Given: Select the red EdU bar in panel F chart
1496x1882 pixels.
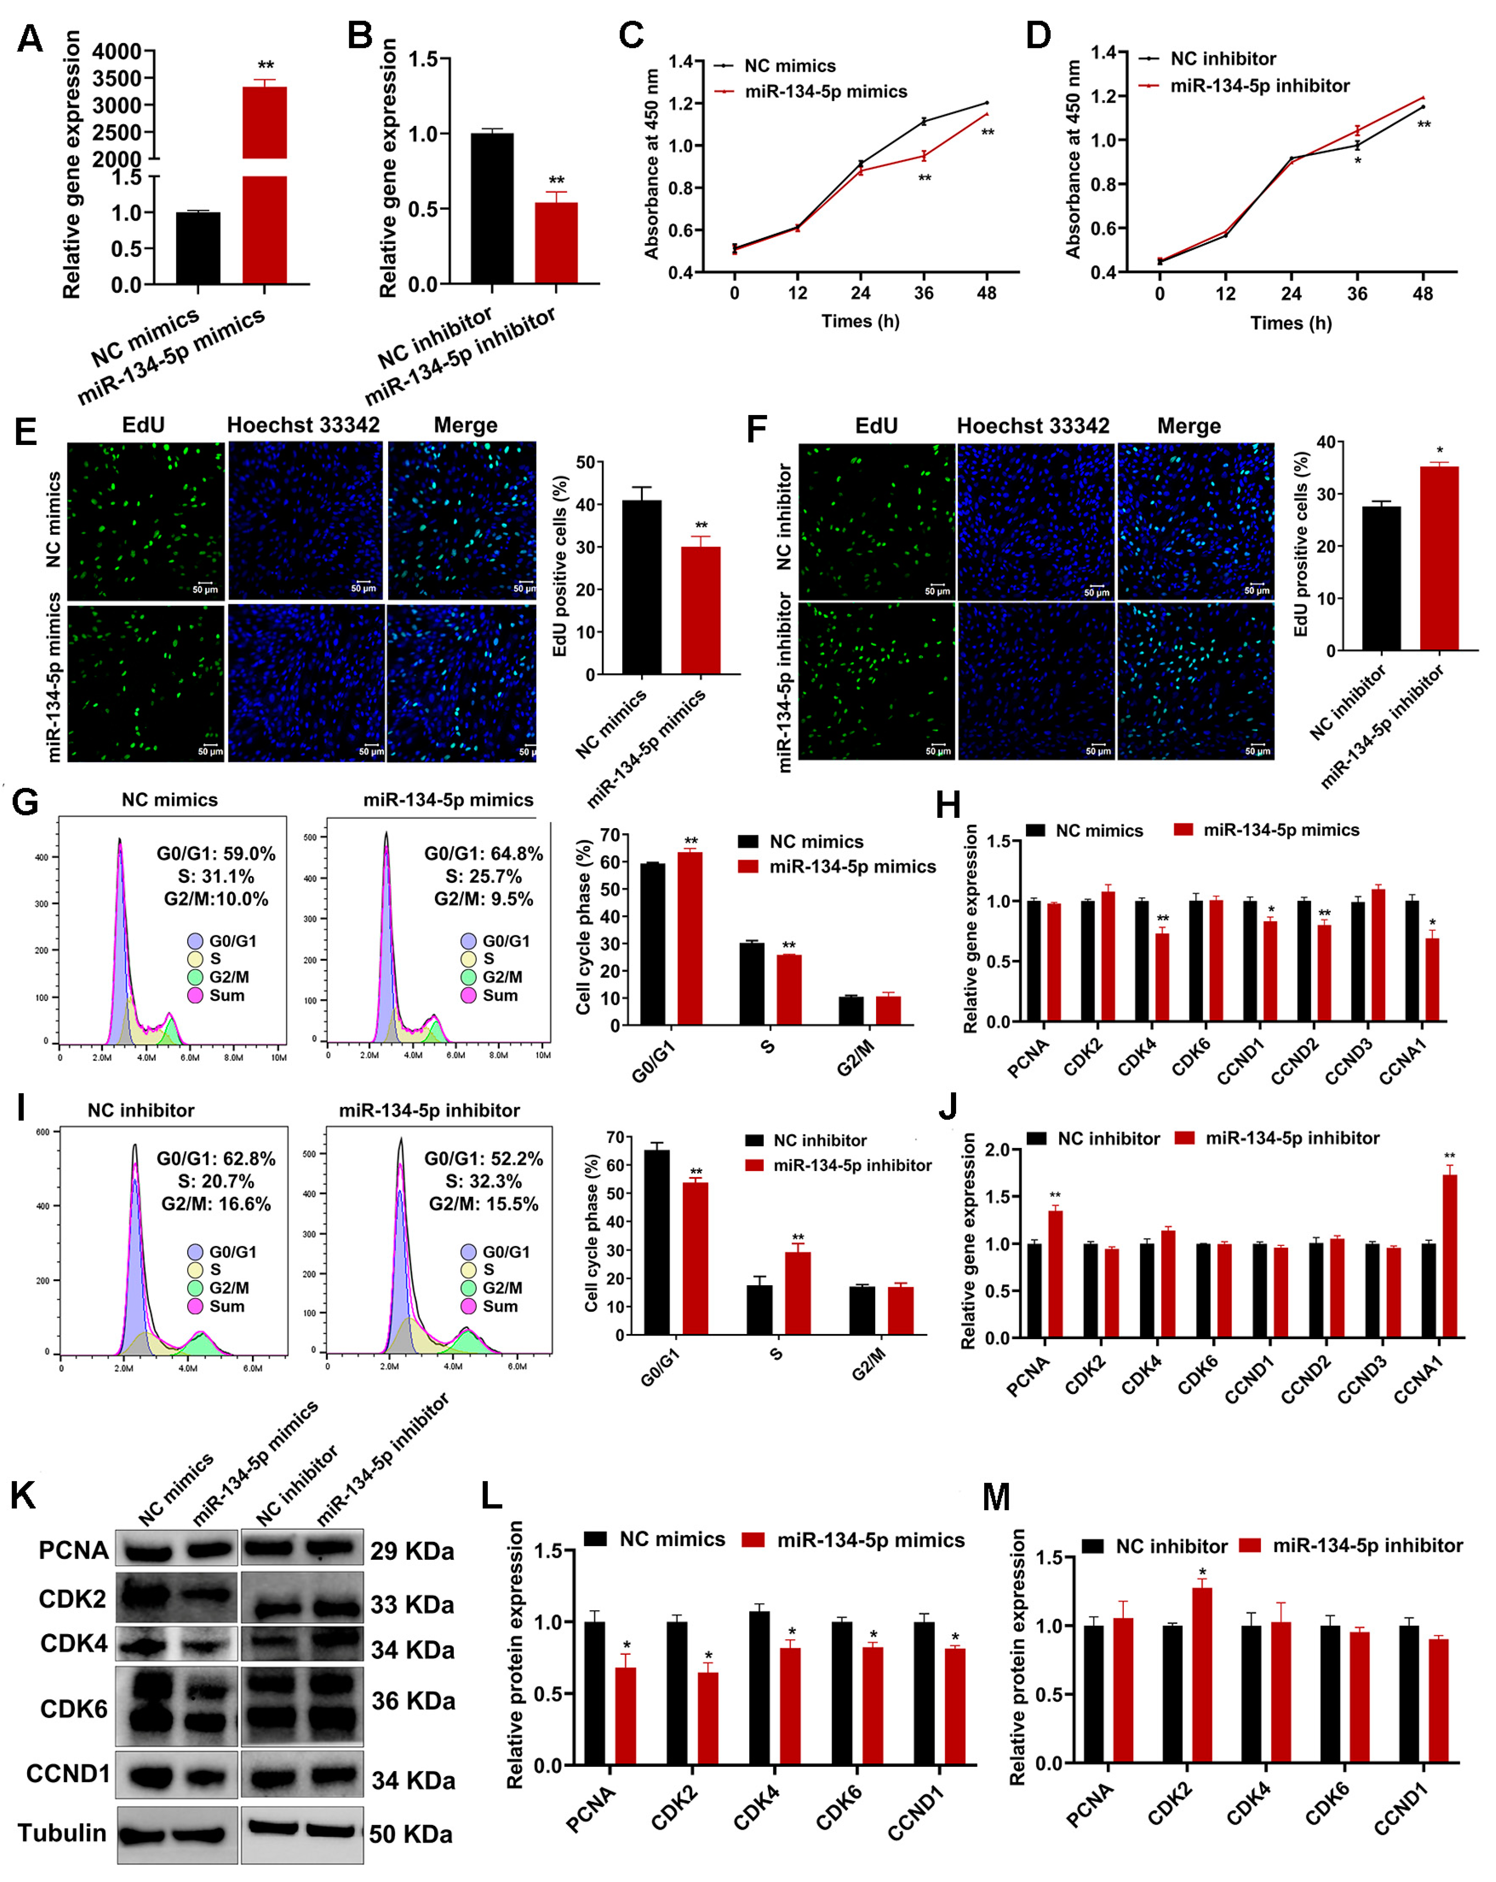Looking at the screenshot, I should click(x=1438, y=559).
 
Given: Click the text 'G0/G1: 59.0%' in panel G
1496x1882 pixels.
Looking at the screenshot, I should click(x=215, y=853).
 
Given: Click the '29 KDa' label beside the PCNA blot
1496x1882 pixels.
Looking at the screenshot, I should click(x=412, y=1551).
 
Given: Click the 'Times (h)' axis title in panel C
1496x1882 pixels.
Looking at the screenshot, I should click(x=860, y=321).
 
